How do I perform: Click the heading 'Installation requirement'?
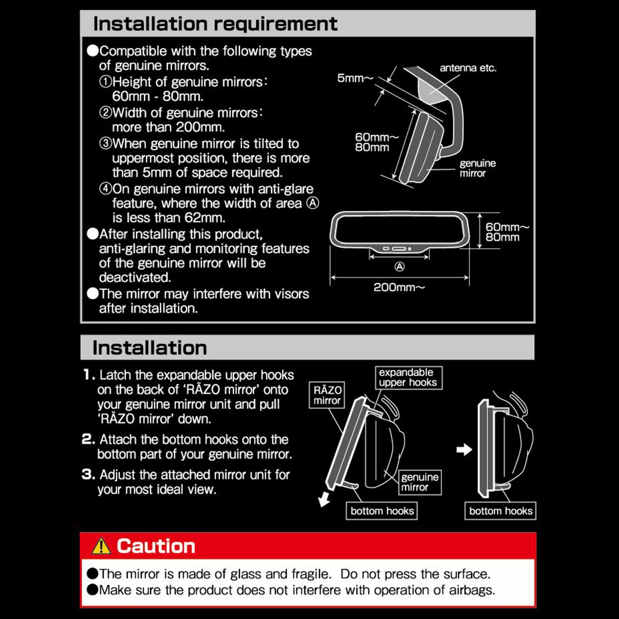[215, 24]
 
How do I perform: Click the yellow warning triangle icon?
[101, 546]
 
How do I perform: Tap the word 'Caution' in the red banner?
[156, 546]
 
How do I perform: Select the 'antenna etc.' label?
[468, 68]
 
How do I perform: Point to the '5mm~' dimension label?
[355, 78]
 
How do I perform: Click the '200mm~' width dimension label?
[399, 287]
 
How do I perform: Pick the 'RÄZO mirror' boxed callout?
[327, 395]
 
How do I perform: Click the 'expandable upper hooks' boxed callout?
[409, 378]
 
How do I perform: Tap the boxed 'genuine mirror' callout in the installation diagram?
[420, 482]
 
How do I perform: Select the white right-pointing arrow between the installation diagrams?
[464, 449]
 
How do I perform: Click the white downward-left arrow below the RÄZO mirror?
[324, 499]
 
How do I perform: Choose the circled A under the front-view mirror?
[399, 267]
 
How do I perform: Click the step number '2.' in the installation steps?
[88, 439]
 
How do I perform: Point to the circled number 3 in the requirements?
[106, 143]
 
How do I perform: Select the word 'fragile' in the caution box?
[310, 574]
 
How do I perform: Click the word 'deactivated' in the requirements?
[135, 277]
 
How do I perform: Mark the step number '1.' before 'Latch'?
[89, 375]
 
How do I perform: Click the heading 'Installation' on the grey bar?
[149, 348]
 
